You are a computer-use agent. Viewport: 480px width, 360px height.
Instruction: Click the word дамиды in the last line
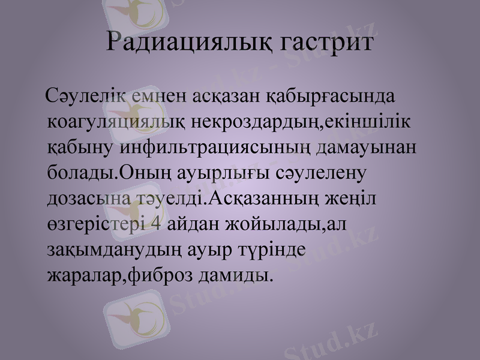(233, 275)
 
